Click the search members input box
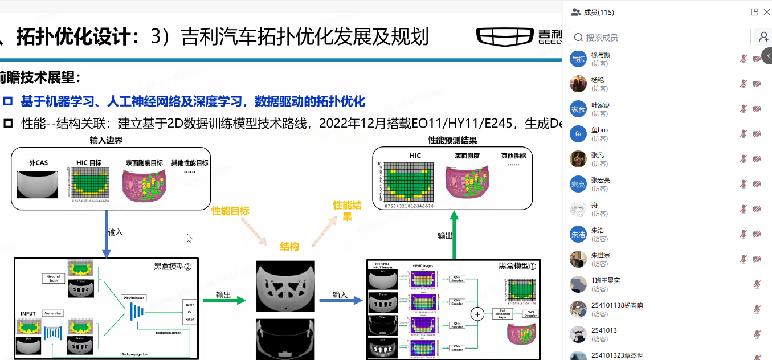point(661,38)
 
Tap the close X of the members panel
point(766,12)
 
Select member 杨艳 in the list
point(598,80)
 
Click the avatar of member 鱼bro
point(578,134)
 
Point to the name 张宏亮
point(601,180)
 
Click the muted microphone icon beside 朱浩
point(743,234)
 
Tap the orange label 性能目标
point(230,211)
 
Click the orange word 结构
point(289,247)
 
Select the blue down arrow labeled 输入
point(107,234)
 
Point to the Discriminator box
point(133,298)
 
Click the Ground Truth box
point(54,279)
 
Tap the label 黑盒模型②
point(172,265)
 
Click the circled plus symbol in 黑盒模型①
point(477,314)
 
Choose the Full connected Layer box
point(503,314)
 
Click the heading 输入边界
point(106,140)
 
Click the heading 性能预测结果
point(452,140)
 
